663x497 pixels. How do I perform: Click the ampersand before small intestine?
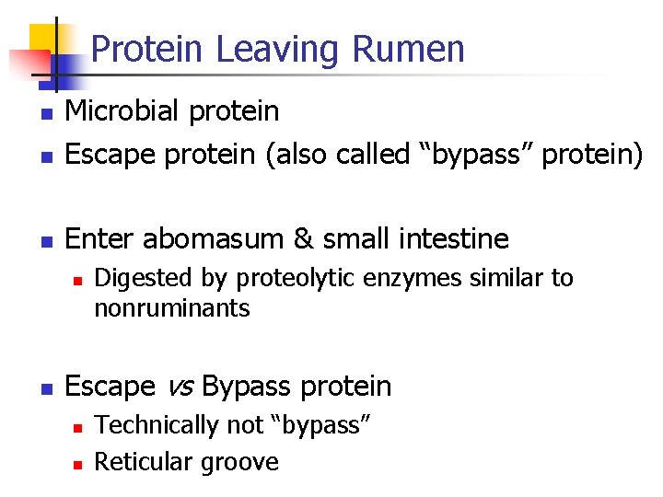click(304, 239)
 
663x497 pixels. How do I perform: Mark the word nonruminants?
click(172, 308)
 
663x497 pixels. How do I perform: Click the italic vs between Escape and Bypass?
click(179, 387)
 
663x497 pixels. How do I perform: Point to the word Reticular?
click(140, 461)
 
